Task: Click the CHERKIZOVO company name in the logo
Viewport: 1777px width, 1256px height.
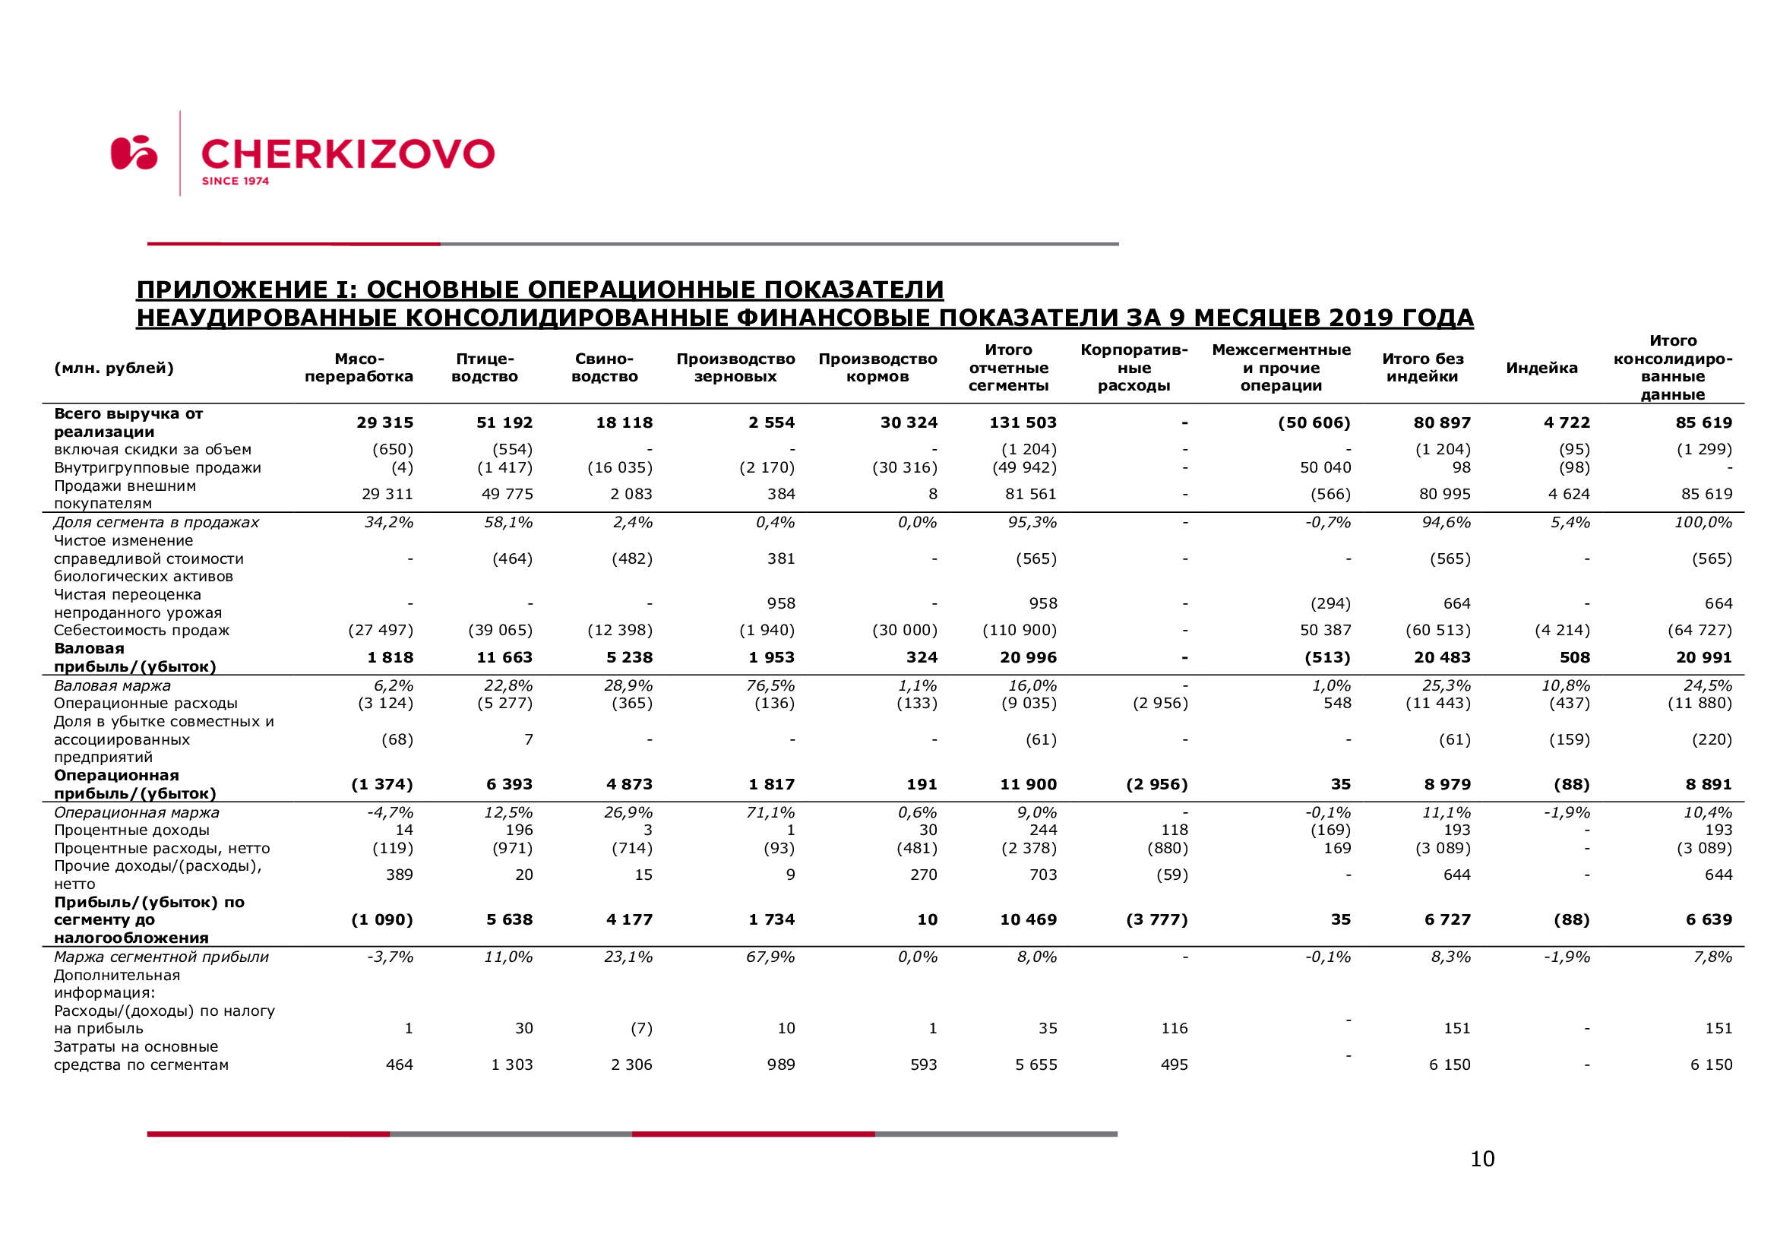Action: tap(347, 154)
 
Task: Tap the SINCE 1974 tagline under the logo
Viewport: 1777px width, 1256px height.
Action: tap(236, 181)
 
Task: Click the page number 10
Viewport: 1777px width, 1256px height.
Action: tap(1482, 1159)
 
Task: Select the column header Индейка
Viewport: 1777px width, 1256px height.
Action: tap(1541, 369)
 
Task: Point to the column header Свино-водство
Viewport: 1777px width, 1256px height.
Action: tap(605, 368)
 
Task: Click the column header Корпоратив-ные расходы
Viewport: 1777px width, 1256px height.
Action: tap(1134, 368)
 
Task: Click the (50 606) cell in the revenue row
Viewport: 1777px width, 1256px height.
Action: tap(1314, 422)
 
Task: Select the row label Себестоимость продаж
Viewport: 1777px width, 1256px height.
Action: tap(141, 630)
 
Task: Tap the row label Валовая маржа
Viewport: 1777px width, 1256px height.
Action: tap(112, 685)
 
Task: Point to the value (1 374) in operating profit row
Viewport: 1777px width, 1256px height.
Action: tap(382, 784)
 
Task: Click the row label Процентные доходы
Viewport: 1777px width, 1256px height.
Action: tap(131, 830)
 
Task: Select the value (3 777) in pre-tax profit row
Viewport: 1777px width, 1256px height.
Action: tap(1156, 919)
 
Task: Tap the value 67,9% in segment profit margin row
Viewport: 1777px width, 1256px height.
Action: tap(770, 957)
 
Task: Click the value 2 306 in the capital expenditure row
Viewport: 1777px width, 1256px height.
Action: tap(631, 1064)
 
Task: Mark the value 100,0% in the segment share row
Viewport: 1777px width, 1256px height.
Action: tap(1703, 522)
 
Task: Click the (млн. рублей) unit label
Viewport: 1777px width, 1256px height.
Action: tap(114, 369)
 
